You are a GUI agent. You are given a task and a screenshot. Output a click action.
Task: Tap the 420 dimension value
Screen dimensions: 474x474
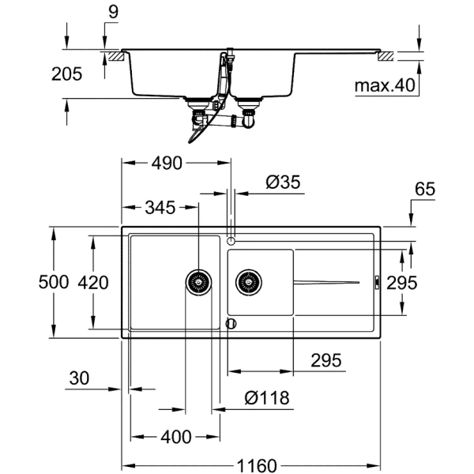[x=94, y=281]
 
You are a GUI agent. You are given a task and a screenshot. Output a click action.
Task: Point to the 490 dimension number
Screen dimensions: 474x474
[x=166, y=163]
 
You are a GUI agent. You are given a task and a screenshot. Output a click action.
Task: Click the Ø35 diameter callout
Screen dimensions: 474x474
[x=282, y=182]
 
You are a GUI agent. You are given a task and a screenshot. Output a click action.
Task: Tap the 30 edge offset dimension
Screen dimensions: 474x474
[x=80, y=378]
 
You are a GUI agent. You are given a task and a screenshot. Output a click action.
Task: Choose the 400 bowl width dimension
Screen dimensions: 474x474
[x=175, y=437]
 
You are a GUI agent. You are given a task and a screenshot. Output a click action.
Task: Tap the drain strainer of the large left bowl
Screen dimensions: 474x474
[x=198, y=280]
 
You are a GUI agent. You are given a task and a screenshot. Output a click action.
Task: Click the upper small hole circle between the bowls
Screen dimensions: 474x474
[x=231, y=239]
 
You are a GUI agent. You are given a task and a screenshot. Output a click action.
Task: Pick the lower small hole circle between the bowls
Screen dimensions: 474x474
[x=231, y=323]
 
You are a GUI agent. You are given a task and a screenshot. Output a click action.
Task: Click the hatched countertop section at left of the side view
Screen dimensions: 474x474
[x=115, y=56]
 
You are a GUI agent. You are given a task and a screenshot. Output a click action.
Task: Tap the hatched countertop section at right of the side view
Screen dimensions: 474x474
[x=387, y=56]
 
